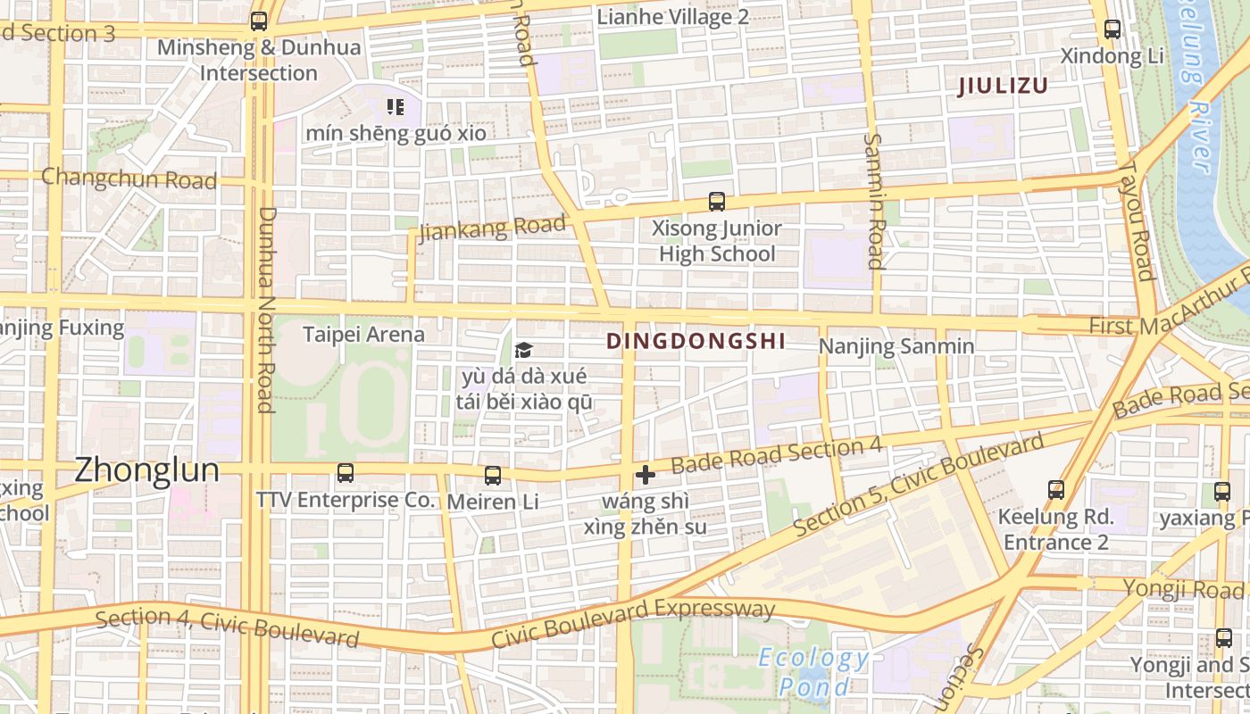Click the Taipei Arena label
tap(363, 335)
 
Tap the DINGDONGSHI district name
tap(696, 341)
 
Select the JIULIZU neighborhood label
tap(1002, 87)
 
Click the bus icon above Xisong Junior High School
tap(716, 202)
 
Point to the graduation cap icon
tap(523, 351)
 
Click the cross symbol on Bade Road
tap(645, 475)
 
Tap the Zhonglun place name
tap(146, 470)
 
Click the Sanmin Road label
tap(874, 201)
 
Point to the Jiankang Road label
tap(493, 228)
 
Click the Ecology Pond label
tap(812, 672)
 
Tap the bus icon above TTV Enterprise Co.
tap(345, 473)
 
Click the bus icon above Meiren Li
tap(492, 476)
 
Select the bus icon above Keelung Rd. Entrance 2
tap(1055, 489)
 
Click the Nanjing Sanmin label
tap(896, 346)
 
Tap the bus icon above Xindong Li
tap(1112, 29)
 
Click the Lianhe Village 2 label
tap(672, 17)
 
